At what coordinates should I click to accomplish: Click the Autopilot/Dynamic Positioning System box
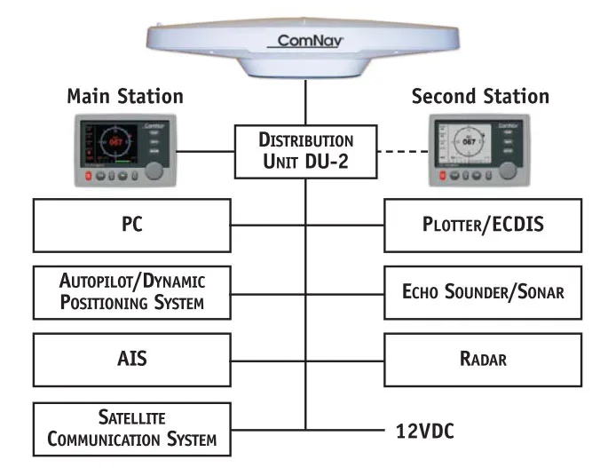click(x=132, y=291)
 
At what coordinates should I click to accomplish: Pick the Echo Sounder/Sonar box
click(x=482, y=291)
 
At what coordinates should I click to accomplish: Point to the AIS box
click(x=132, y=359)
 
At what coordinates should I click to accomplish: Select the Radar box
click(x=482, y=359)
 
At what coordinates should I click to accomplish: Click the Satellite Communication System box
click(x=132, y=428)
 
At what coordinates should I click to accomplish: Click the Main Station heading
click(x=125, y=96)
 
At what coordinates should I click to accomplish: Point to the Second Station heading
click(x=480, y=96)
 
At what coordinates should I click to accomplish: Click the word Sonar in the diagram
click(x=536, y=291)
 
